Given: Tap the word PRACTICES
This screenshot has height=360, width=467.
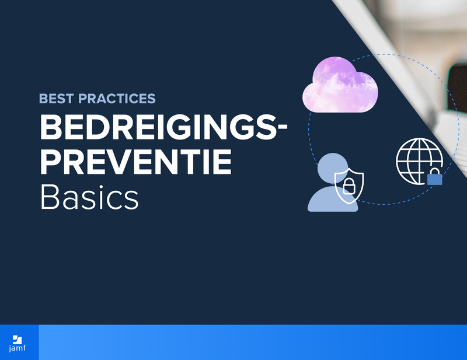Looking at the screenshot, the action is pos(117,99).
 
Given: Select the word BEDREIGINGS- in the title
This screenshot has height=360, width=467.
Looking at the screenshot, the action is pos(163,127).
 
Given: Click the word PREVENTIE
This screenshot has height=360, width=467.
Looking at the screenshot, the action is pos(135,162).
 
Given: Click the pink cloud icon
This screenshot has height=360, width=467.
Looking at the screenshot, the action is pos(340,85).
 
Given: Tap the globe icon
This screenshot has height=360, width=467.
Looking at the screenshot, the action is pos(419,161).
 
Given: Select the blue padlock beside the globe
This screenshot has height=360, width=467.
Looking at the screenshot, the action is pos(434,177).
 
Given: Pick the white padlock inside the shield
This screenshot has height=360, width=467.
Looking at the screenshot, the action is pos(348,187).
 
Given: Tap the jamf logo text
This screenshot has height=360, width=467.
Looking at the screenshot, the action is pos(18,348).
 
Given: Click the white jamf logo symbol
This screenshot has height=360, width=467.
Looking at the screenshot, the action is pos(18,340).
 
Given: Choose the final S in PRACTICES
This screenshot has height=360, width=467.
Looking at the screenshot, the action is pos(151,99).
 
